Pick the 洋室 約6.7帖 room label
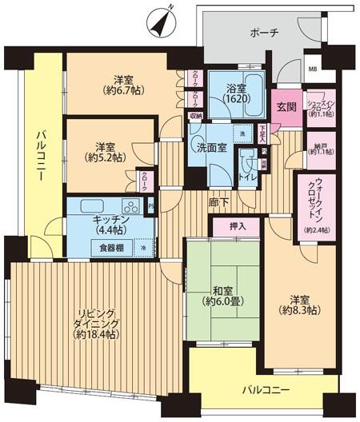[122, 85]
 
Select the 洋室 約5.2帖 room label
[105, 153]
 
